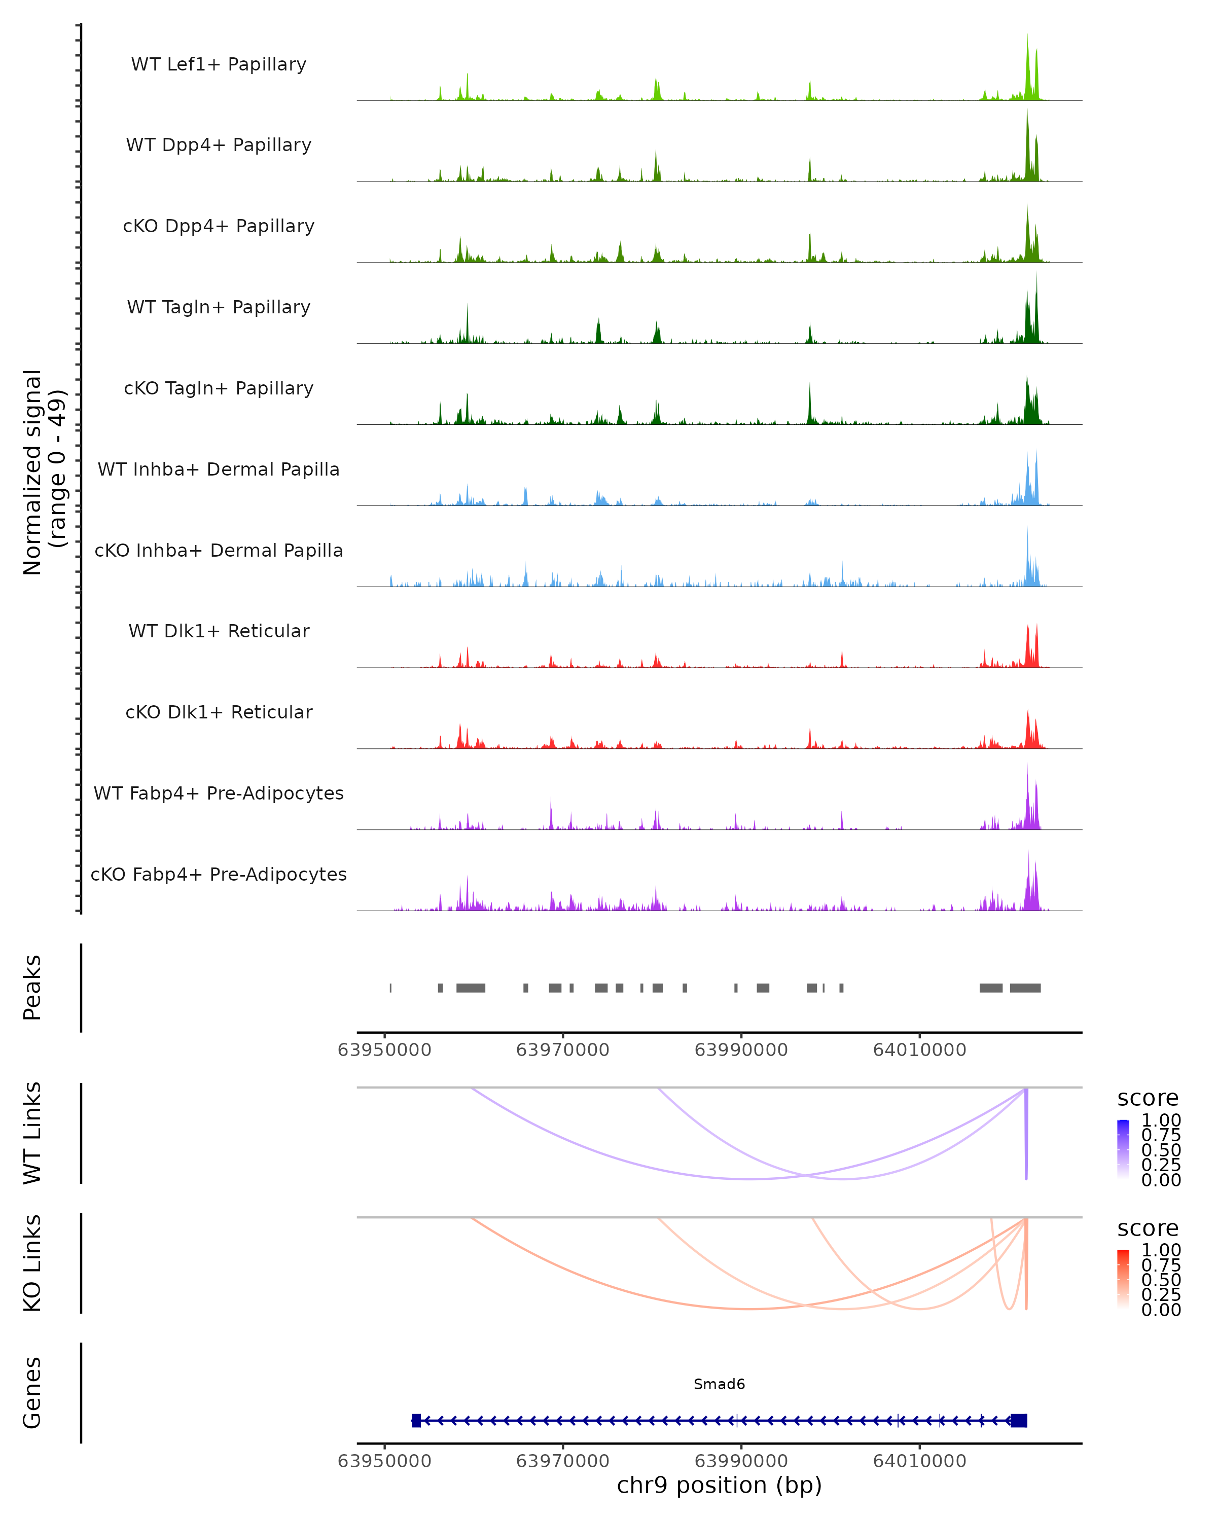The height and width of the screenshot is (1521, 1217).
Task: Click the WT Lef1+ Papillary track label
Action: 219,64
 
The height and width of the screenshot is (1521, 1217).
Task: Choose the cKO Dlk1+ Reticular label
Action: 219,712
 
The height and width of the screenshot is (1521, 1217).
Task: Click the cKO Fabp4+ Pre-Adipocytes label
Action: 219,874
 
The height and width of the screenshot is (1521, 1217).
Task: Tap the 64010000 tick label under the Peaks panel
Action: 919,1050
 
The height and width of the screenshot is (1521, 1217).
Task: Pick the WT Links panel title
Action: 32,1133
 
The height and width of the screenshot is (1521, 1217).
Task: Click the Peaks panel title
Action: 32,988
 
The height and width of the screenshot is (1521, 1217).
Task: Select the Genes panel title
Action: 32,1393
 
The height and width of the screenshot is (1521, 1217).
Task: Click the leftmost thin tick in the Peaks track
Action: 391,988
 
